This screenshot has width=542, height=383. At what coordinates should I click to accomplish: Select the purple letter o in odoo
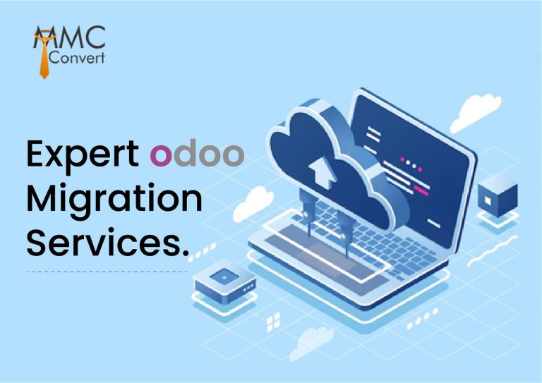pyautogui.click(x=161, y=156)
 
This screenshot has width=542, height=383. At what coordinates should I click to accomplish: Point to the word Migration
pyautogui.click(x=114, y=199)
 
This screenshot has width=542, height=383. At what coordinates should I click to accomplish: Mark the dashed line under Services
pyautogui.click(x=106, y=270)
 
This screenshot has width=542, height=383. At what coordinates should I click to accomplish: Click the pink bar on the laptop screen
pyautogui.click(x=421, y=189)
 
